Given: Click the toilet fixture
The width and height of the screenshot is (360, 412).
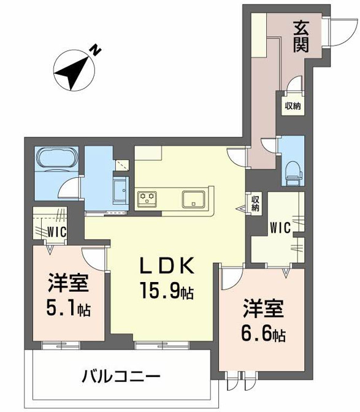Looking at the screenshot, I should [x=292, y=170].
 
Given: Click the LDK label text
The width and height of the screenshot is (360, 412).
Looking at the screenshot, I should [x=167, y=267].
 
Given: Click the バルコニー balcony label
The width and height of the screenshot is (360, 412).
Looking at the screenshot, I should [x=121, y=375].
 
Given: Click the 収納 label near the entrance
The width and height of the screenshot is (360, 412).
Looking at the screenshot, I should [x=293, y=105].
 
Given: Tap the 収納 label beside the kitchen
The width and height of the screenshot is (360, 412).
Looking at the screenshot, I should [x=255, y=203].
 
